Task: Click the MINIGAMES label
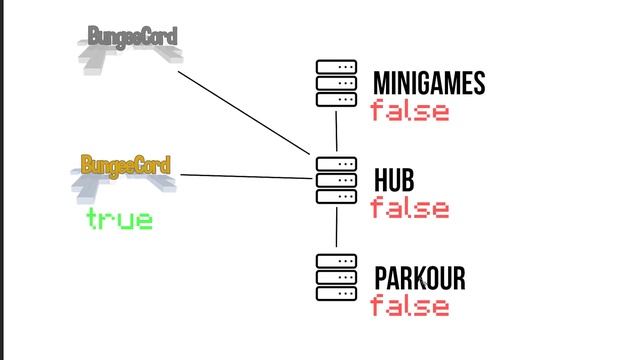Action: pyautogui.click(x=428, y=84)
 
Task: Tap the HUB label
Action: pyautogui.click(x=394, y=180)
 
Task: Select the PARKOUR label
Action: pyautogui.click(x=419, y=278)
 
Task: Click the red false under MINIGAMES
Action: pyautogui.click(x=410, y=111)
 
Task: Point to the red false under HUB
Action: pyautogui.click(x=410, y=209)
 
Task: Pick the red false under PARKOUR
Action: pyautogui.click(x=410, y=306)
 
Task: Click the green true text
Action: pyautogui.click(x=120, y=219)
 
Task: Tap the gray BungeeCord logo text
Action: pyautogui.click(x=132, y=38)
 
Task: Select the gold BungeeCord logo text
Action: pyautogui.click(x=125, y=165)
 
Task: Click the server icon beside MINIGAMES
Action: pyautogui.click(x=336, y=84)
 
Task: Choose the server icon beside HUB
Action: pyautogui.click(x=336, y=180)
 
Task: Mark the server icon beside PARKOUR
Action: pyautogui.click(x=336, y=278)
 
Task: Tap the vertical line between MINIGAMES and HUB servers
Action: pyautogui.click(x=337, y=131)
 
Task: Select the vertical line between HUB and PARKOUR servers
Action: pyautogui.click(x=337, y=228)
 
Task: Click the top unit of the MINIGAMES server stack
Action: pyautogui.click(x=336, y=68)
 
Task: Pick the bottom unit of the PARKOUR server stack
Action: pyautogui.click(x=336, y=294)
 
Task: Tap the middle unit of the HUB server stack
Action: pyautogui.click(x=336, y=180)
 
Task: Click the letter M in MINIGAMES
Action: pyautogui.click(x=380, y=84)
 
